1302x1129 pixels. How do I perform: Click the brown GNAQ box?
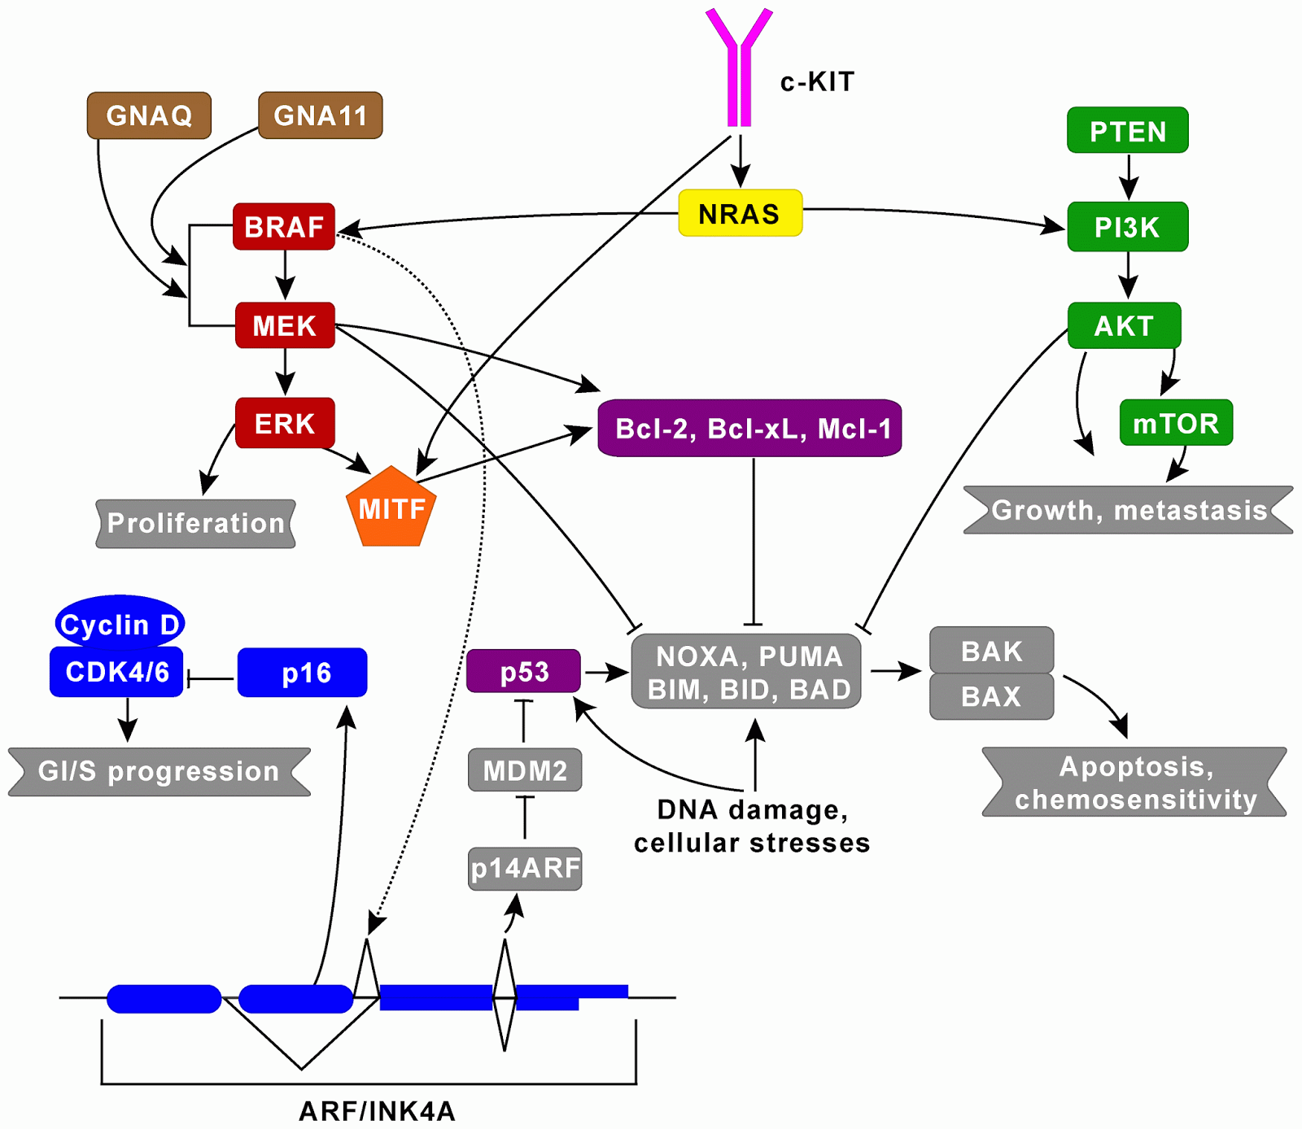[149, 116]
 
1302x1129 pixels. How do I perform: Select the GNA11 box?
[321, 116]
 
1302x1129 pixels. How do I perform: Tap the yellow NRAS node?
[740, 214]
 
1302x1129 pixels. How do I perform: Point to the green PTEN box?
[1128, 131]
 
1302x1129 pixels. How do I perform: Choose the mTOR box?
[1176, 423]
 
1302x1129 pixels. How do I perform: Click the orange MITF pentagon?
[391, 509]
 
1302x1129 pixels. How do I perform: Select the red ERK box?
[285, 423]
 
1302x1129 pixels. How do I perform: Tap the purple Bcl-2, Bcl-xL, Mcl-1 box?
[749, 428]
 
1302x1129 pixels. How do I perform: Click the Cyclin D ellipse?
[120, 624]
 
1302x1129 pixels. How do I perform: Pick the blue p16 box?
[303, 673]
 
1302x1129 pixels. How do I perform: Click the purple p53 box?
[524, 672]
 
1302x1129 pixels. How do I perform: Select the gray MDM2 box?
[525, 769]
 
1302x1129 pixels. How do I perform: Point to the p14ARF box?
[525, 868]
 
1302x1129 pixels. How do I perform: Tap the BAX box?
[991, 696]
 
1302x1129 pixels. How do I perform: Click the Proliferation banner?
[195, 523]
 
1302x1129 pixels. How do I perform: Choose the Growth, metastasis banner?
[1128, 510]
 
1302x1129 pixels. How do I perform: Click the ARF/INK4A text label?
[377, 1110]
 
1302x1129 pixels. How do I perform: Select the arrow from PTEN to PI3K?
[1128, 176]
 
